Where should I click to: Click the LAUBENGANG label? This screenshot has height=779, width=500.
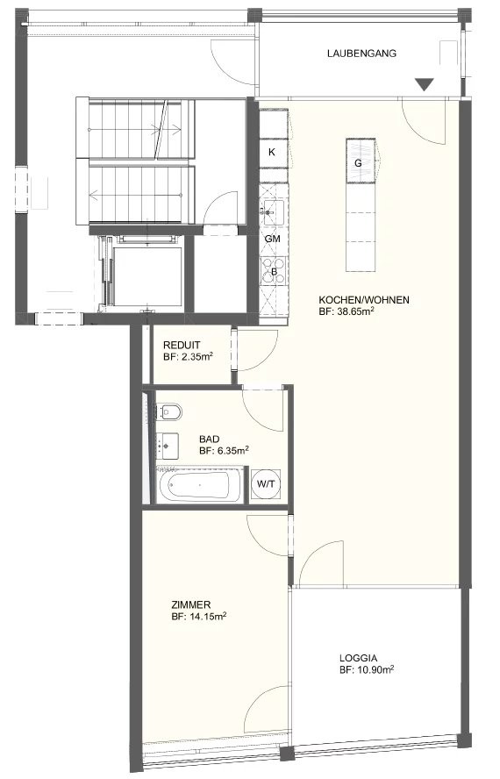click(361, 54)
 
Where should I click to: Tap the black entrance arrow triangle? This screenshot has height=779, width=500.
click(424, 84)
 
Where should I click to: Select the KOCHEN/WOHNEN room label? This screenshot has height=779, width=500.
click(364, 300)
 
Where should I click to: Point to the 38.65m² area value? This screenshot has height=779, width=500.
click(353, 312)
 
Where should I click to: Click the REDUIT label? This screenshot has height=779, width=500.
click(182, 346)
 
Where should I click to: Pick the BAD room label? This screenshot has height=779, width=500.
click(210, 440)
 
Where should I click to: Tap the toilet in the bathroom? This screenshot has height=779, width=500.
click(168, 411)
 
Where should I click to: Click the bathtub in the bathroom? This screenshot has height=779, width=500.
click(200, 485)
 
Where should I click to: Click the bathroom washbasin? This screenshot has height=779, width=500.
click(168, 447)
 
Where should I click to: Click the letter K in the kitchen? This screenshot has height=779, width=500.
click(271, 152)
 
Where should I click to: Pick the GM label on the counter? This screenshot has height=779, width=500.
click(272, 239)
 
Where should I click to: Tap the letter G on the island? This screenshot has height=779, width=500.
click(359, 163)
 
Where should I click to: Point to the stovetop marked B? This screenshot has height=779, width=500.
click(274, 271)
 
